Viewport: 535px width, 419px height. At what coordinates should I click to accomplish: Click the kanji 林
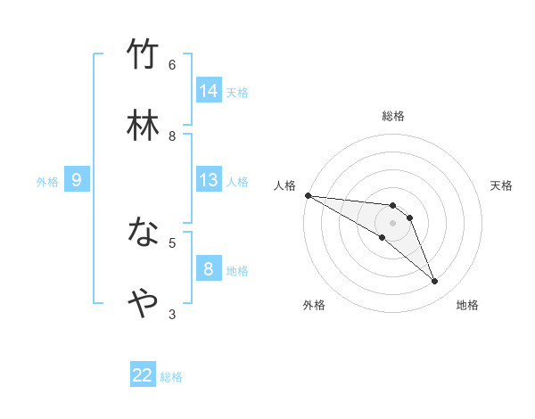143,127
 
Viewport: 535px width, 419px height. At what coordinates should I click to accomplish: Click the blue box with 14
209,91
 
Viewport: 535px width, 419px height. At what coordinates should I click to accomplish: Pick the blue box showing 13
209,180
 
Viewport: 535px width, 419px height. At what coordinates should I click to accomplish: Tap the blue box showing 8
209,269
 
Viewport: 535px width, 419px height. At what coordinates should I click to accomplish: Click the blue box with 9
77,180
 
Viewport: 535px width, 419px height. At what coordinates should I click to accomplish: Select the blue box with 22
143,375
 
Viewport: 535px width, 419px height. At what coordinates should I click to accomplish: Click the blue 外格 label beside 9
47,182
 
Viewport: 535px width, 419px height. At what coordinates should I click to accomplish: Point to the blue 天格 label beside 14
237,93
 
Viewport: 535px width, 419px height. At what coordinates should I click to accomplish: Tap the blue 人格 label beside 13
237,182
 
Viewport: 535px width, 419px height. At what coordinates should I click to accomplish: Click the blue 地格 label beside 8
237,271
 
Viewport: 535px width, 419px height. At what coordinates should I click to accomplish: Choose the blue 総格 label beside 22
171,377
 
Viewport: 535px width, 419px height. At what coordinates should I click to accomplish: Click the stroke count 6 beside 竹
172,64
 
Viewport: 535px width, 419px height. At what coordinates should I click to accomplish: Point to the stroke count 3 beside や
172,313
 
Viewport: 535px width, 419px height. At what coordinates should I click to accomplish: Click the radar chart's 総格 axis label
393,116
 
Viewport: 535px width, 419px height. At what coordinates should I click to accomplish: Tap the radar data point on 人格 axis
308,195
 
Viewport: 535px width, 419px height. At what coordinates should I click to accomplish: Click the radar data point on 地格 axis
435,282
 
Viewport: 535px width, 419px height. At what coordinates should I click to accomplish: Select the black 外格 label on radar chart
314,305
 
